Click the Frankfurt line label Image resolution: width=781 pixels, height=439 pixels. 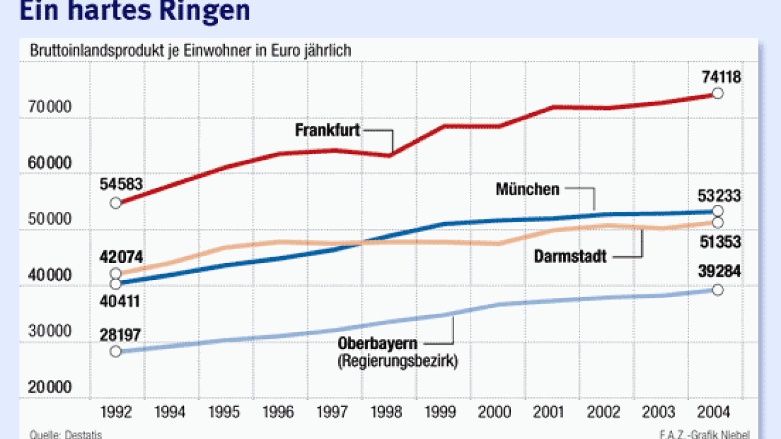pos(327,131)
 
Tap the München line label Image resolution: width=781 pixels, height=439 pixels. pos(527,189)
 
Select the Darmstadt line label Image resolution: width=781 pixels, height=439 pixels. pos(571,257)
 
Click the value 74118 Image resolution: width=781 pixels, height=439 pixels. pos(721,77)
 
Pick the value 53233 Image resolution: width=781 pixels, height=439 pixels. pos(721,196)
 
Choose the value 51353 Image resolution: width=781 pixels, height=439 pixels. pos(721,241)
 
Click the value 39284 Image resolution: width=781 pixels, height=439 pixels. pos(721,272)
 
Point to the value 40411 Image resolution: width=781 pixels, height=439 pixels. pos(120,301)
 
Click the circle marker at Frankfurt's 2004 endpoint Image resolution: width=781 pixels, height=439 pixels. pos(717,94)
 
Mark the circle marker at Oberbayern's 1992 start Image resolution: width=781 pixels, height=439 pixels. pos(116,351)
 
